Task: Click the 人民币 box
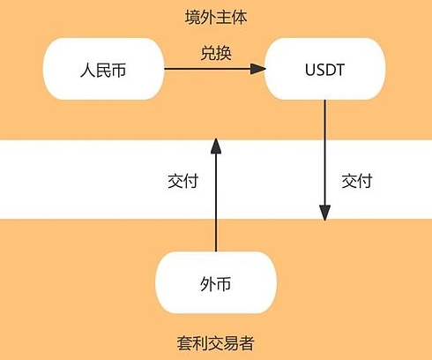[x=103, y=69]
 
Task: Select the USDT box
[x=324, y=69]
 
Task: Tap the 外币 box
[x=216, y=282]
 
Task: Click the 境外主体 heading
[x=216, y=18]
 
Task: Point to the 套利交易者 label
[x=215, y=343]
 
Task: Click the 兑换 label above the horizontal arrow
[x=216, y=53]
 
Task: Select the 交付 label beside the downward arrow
[x=357, y=181]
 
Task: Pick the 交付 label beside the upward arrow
[x=182, y=181]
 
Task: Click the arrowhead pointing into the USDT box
[x=258, y=69]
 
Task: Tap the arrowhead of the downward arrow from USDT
[x=324, y=213]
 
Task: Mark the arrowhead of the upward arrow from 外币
[x=216, y=146]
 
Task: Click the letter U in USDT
[x=310, y=70]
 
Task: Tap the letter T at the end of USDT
[x=339, y=70]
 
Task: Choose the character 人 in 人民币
[x=87, y=71]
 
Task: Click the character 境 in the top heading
[x=193, y=18]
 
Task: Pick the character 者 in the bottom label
[x=247, y=343]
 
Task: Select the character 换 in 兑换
[x=224, y=53]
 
